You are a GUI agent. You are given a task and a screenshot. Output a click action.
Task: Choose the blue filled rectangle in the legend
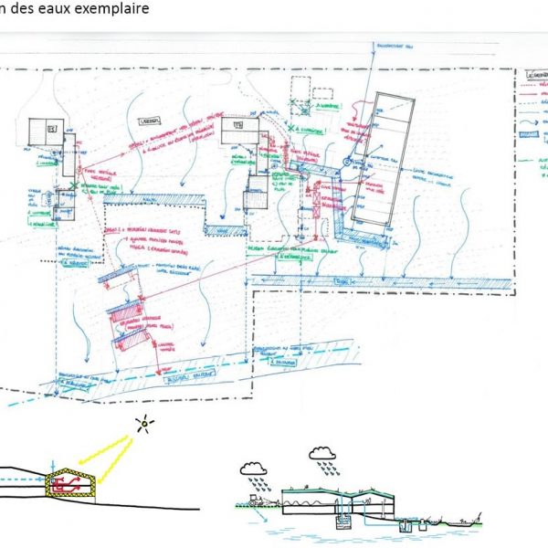point(528,133)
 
